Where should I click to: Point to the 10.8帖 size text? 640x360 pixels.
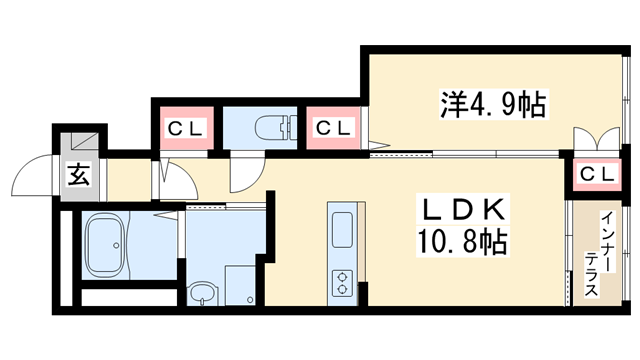pos(463,242)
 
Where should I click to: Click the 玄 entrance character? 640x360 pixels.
pos(78,176)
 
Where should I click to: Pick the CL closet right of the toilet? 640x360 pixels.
pos(334,129)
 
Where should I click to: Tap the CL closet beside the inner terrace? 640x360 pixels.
pos(599,174)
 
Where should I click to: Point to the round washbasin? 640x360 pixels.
pos(204,294)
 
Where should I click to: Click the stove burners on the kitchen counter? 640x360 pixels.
pos(342,280)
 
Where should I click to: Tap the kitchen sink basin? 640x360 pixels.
pos(341,230)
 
